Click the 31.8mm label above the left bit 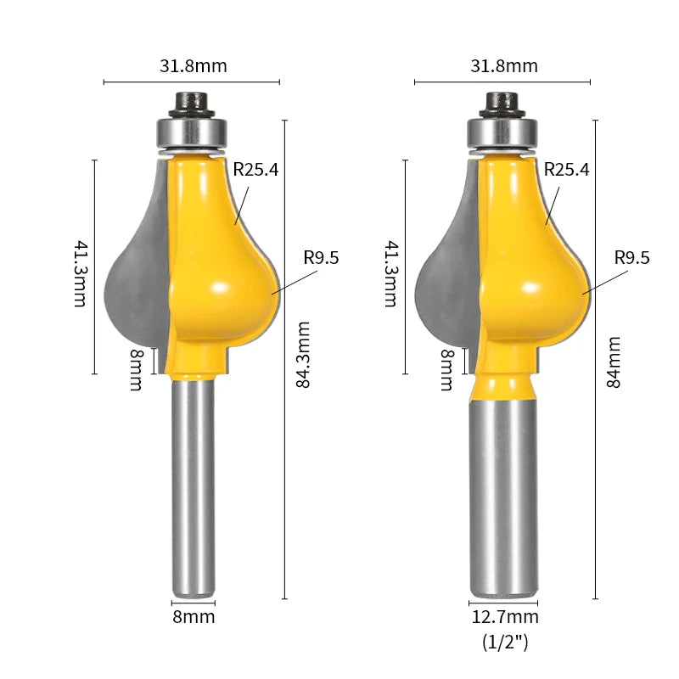tap(194, 66)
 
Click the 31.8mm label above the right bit tap(504, 66)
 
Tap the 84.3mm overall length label tap(304, 355)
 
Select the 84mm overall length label tap(614, 362)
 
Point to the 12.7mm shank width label tap(504, 617)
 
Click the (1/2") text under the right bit tap(505, 642)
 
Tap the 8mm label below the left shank tap(194, 617)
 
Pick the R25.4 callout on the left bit tap(255, 169)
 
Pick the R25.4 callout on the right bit tap(566, 169)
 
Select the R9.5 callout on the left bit tap(321, 258)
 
